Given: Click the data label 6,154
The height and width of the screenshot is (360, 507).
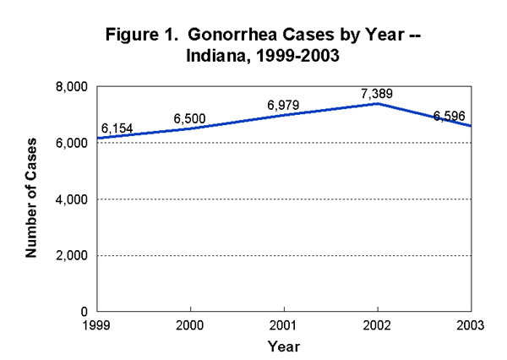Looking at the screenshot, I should pos(117,128).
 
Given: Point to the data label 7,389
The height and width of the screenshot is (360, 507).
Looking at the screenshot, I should pos(376,94).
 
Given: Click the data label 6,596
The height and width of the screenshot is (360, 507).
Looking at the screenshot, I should pos(450,116).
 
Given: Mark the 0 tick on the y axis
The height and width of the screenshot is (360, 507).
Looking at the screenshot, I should pos(86,312).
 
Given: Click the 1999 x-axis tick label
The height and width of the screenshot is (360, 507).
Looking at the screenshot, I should pos(99,326).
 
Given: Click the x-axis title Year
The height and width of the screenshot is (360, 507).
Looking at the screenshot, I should pos(283,346).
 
